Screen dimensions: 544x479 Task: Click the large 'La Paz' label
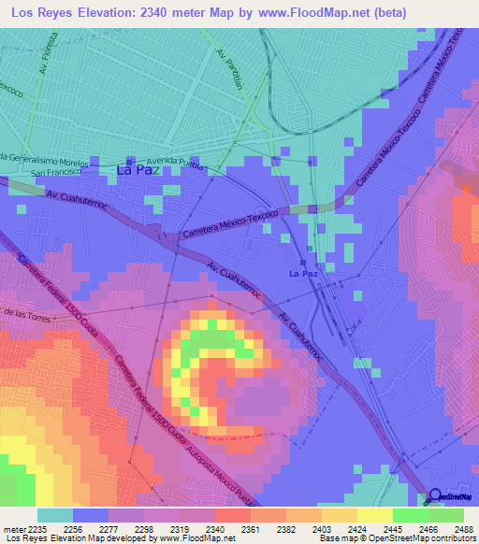pos(137,170)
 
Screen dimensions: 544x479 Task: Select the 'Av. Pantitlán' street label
pos(229,69)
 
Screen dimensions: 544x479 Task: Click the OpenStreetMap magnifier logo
pos(436,496)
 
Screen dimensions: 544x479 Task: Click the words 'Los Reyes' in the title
pos(42,13)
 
